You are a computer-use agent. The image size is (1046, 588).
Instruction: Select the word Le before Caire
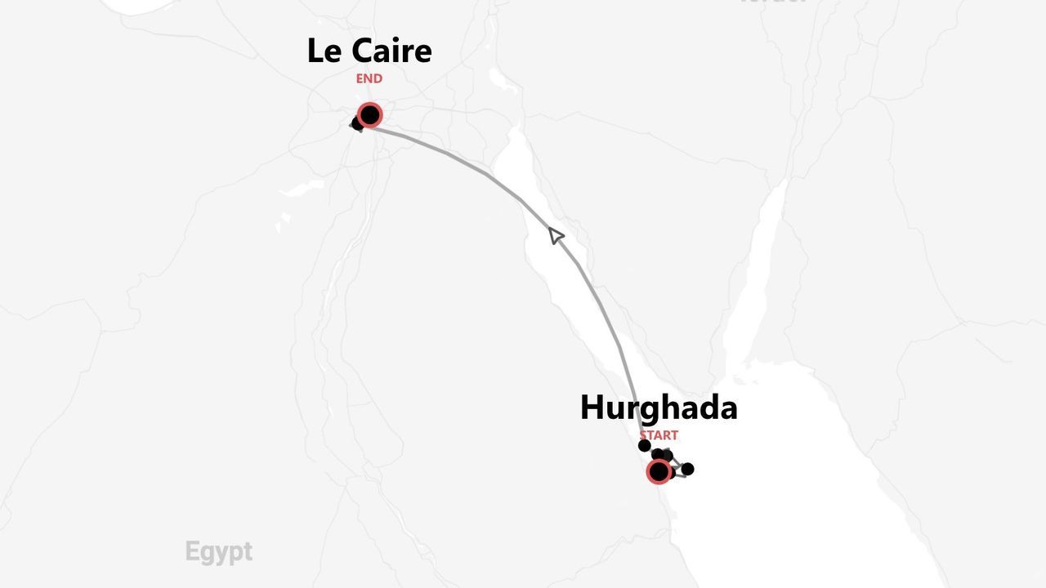(324, 51)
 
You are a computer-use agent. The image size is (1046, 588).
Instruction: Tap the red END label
(369, 78)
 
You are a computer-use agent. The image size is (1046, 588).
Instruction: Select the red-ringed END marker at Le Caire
(369, 115)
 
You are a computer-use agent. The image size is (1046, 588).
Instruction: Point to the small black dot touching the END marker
(357, 123)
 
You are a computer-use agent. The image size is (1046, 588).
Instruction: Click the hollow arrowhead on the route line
(555, 235)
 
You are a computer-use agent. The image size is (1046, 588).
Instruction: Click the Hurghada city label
(659, 408)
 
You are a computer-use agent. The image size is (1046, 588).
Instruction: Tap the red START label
(659, 435)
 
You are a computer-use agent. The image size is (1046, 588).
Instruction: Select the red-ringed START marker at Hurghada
(659, 471)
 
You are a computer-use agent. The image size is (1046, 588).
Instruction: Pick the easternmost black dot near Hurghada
(687, 469)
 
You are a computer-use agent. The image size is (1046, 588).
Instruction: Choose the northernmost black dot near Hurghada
(645, 445)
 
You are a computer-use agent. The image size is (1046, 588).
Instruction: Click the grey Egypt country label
(218, 551)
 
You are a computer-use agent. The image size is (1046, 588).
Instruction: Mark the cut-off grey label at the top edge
(772, 2)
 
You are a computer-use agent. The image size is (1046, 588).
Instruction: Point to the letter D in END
(378, 78)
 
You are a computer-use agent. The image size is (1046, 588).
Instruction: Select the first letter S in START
(643, 435)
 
